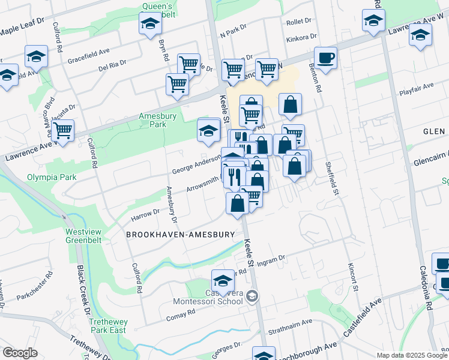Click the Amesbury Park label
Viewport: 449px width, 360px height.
(152, 120)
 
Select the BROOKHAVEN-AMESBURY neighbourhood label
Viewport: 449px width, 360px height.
(180, 235)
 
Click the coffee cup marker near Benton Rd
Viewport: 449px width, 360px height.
(325, 58)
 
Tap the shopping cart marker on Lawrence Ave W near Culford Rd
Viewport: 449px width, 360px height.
(62, 130)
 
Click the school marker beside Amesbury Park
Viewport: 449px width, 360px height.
(208, 130)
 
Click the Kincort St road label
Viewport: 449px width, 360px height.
(352, 277)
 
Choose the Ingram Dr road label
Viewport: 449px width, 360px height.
(270, 262)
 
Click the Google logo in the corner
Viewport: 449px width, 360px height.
(19, 353)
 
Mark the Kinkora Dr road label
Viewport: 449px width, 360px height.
(298, 38)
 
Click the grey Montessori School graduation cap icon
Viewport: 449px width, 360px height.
(253, 295)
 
